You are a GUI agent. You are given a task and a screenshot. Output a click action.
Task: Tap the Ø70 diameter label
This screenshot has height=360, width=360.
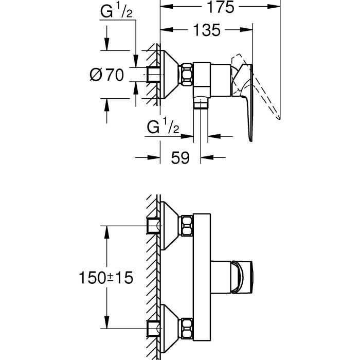click(107, 75)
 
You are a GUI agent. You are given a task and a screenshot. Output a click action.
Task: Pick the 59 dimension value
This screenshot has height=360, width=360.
click(180, 157)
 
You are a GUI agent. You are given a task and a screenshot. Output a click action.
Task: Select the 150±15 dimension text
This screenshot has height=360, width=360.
click(106, 278)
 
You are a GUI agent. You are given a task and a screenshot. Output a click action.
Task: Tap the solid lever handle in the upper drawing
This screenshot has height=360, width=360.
click(248, 103)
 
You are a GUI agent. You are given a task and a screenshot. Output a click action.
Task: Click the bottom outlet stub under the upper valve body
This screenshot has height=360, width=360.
click(201, 104)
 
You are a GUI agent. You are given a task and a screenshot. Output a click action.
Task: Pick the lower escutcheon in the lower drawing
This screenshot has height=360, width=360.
click(169, 327)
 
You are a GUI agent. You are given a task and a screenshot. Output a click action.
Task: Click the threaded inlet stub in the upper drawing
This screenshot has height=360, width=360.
click(153, 75)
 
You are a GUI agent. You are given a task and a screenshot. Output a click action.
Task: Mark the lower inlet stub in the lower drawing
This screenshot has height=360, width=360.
click(153, 327)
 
